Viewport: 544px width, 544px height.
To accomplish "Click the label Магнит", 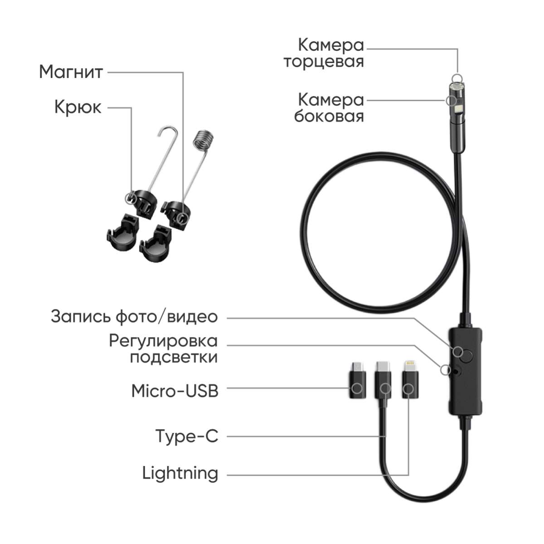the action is tap(71, 72).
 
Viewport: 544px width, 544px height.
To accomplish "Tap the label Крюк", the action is tap(78, 107).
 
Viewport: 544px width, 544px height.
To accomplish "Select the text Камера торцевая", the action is tap(324, 54).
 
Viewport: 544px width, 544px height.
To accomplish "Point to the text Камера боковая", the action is tap(329, 108).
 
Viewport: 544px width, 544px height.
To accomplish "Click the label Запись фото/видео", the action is tap(134, 317).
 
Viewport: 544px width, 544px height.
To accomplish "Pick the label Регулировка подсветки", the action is tap(164, 349).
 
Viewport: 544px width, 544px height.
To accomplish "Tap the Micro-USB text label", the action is tap(175, 391).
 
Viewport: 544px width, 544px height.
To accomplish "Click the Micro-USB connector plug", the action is tap(357, 380).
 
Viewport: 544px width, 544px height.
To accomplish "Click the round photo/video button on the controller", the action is tap(467, 356).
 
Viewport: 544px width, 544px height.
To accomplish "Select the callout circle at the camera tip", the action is tap(457, 78).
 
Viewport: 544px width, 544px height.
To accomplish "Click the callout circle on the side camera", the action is tap(451, 100).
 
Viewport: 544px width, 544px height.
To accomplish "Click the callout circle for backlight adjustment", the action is tap(446, 370).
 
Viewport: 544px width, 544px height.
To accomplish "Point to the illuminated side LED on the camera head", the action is tap(458, 108).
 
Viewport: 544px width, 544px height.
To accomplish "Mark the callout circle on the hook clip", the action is tap(130, 197).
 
